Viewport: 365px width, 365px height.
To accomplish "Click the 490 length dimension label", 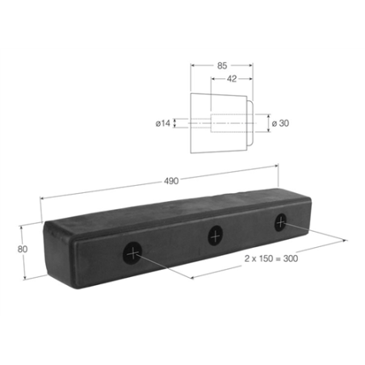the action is coord(171,181).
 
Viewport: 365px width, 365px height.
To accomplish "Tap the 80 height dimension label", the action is coord(23,250).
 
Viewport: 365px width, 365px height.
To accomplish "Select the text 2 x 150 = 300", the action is coord(271,258).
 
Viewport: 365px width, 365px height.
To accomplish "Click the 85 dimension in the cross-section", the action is coord(222,65).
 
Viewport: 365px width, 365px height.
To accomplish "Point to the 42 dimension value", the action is coord(232,78).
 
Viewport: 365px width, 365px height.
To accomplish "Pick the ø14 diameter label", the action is coord(163,124).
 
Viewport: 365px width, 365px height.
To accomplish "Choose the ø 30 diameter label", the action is coord(280,123).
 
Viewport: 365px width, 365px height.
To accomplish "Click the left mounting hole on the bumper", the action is coord(132,253).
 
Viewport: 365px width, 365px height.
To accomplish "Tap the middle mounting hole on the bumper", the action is coord(216,236).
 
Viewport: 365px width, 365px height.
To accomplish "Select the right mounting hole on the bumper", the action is coord(280,222).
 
